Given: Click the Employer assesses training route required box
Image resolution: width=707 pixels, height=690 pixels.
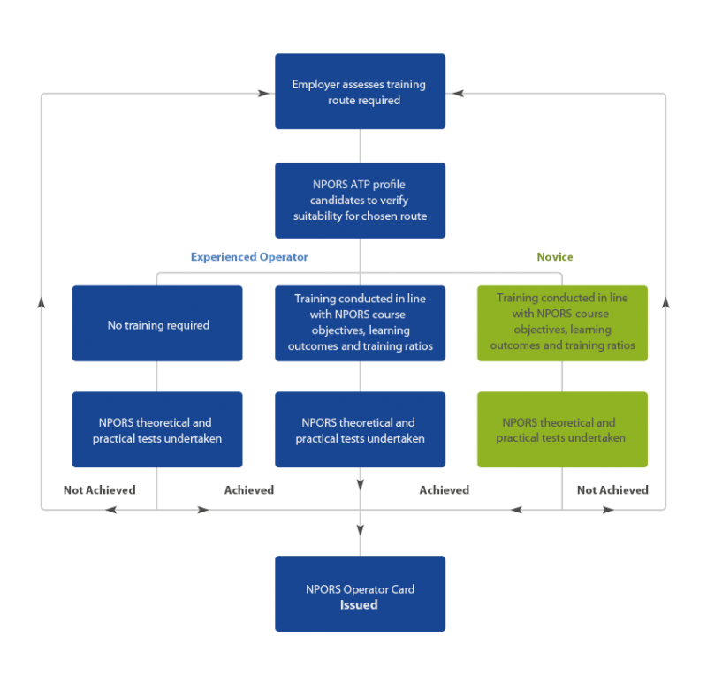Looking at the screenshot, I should [360, 92].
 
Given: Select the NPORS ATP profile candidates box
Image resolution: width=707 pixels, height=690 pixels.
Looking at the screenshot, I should [360, 201].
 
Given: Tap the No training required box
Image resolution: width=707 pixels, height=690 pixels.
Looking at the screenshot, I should [157, 323].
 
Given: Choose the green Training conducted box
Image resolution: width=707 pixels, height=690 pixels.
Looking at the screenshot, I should [562, 323].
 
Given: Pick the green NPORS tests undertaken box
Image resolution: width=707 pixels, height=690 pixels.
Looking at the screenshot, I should [562, 430].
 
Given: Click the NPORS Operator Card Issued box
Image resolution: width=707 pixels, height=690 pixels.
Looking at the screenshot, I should [360, 594].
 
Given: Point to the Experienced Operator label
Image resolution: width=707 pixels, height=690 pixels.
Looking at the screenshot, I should [248, 257].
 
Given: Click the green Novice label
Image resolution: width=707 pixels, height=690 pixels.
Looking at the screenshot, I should [555, 257].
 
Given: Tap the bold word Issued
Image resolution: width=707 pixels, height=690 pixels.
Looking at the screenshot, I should [360, 605].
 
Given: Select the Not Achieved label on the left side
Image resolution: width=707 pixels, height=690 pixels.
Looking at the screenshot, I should [99, 489].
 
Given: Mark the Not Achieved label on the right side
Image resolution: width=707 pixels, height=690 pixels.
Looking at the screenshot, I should [612, 489].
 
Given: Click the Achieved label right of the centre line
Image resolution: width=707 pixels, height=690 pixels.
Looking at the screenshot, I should [444, 489].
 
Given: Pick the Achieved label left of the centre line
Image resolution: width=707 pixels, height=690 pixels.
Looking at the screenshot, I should [248, 489].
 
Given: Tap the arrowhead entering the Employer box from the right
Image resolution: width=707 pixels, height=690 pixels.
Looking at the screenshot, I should [458, 93].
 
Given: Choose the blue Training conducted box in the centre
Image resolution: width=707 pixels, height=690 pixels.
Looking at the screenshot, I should [360, 323].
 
